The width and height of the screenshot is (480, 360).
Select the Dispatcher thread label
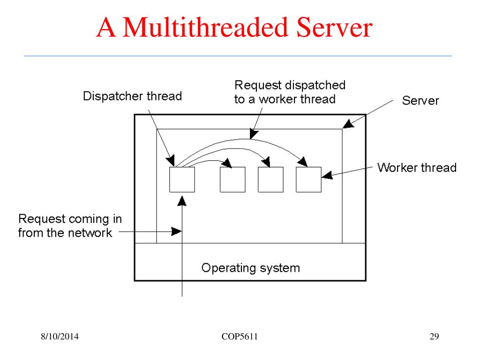tap(132, 97)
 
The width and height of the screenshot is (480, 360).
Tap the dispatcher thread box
tap(182, 180)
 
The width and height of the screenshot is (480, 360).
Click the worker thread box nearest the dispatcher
tap(232, 180)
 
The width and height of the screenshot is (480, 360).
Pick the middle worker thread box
tap(270, 180)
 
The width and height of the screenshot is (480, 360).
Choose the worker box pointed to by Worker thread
tap(308, 180)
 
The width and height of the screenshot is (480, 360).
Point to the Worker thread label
tap(417, 168)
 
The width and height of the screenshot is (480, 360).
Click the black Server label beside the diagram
tap(420, 101)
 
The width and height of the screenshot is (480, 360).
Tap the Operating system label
tap(250, 268)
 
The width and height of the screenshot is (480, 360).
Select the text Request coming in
tap(70, 219)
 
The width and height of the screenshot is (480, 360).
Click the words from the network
tap(65, 232)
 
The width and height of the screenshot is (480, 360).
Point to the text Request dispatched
tap(290, 85)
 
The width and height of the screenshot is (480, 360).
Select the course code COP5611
tap(240, 337)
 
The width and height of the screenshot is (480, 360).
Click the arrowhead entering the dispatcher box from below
tap(182, 200)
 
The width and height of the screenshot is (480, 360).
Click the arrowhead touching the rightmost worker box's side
tap(327, 175)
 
